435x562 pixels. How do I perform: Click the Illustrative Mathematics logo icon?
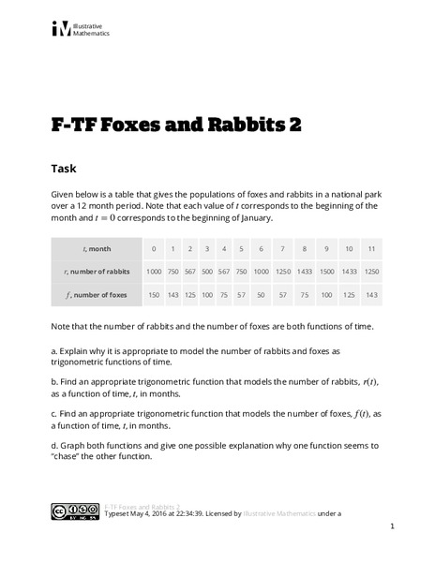tap(61, 29)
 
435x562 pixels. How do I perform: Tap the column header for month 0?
tap(154, 248)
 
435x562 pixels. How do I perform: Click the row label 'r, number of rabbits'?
tap(98, 271)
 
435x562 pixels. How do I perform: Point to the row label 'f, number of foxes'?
tap(98, 293)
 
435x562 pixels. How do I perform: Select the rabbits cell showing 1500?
tap(326, 271)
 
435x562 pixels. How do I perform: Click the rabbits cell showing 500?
tap(206, 271)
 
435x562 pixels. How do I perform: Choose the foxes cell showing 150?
tap(154, 293)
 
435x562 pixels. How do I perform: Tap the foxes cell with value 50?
tap(259, 293)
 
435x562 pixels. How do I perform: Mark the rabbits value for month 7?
tap(282, 271)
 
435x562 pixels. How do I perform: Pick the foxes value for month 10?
tap(350, 293)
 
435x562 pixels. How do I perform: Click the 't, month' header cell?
tap(98, 248)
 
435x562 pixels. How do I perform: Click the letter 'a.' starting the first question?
tap(54, 349)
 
